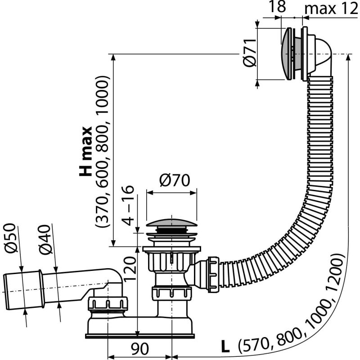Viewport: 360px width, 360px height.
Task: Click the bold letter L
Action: click(x=225, y=346)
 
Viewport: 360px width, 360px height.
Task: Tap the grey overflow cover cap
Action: click(x=286, y=54)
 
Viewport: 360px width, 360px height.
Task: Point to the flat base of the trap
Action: click(x=139, y=334)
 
